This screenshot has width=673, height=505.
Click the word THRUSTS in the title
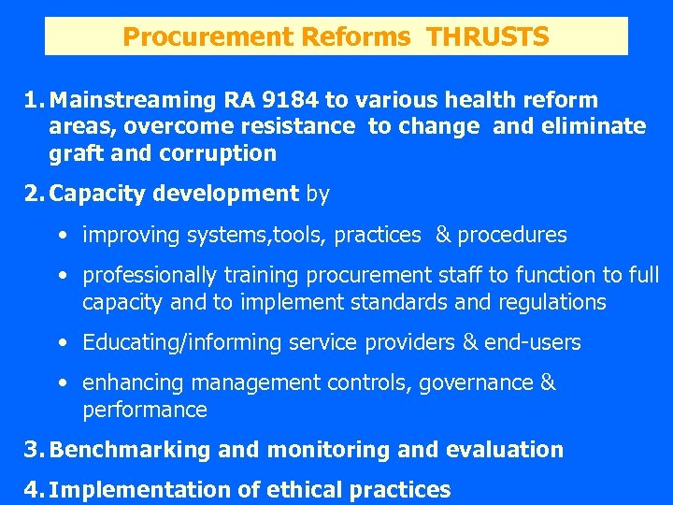tap(487, 37)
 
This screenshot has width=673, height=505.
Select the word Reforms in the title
tap(357, 37)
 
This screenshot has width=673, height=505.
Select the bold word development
tap(238, 195)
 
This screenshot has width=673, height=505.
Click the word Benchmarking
tap(130, 450)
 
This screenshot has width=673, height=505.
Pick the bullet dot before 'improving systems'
tap(61, 236)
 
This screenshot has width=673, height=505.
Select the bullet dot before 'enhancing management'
tap(61, 382)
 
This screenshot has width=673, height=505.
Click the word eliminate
tap(595, 126)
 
